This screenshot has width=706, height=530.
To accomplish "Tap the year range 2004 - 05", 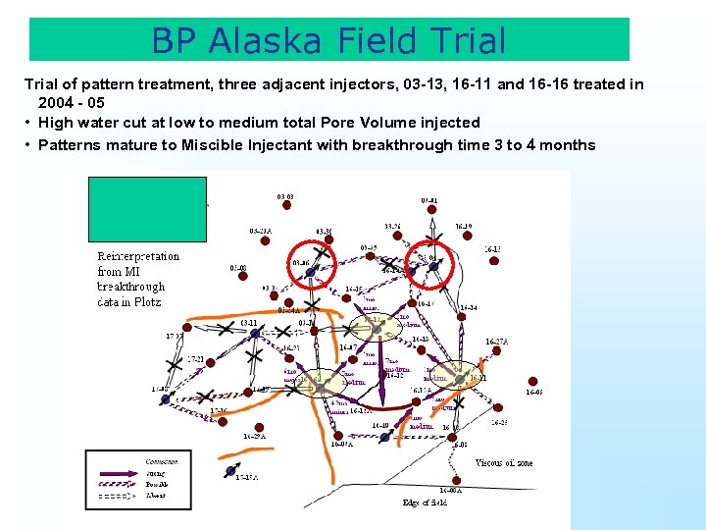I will point(72,102).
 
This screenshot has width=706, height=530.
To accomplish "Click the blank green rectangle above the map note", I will point(147,208).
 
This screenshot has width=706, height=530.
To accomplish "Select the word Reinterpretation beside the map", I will point(138,256).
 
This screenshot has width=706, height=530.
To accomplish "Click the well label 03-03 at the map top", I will point(285,197).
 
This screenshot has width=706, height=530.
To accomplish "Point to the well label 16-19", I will point(463,226).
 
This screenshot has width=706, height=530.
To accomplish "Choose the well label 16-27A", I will point(497,342).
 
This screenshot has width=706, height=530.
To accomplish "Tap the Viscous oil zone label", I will point(504,462).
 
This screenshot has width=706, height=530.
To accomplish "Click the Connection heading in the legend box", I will point(133,461).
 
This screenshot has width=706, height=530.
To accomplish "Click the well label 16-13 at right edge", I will point(493,249).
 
